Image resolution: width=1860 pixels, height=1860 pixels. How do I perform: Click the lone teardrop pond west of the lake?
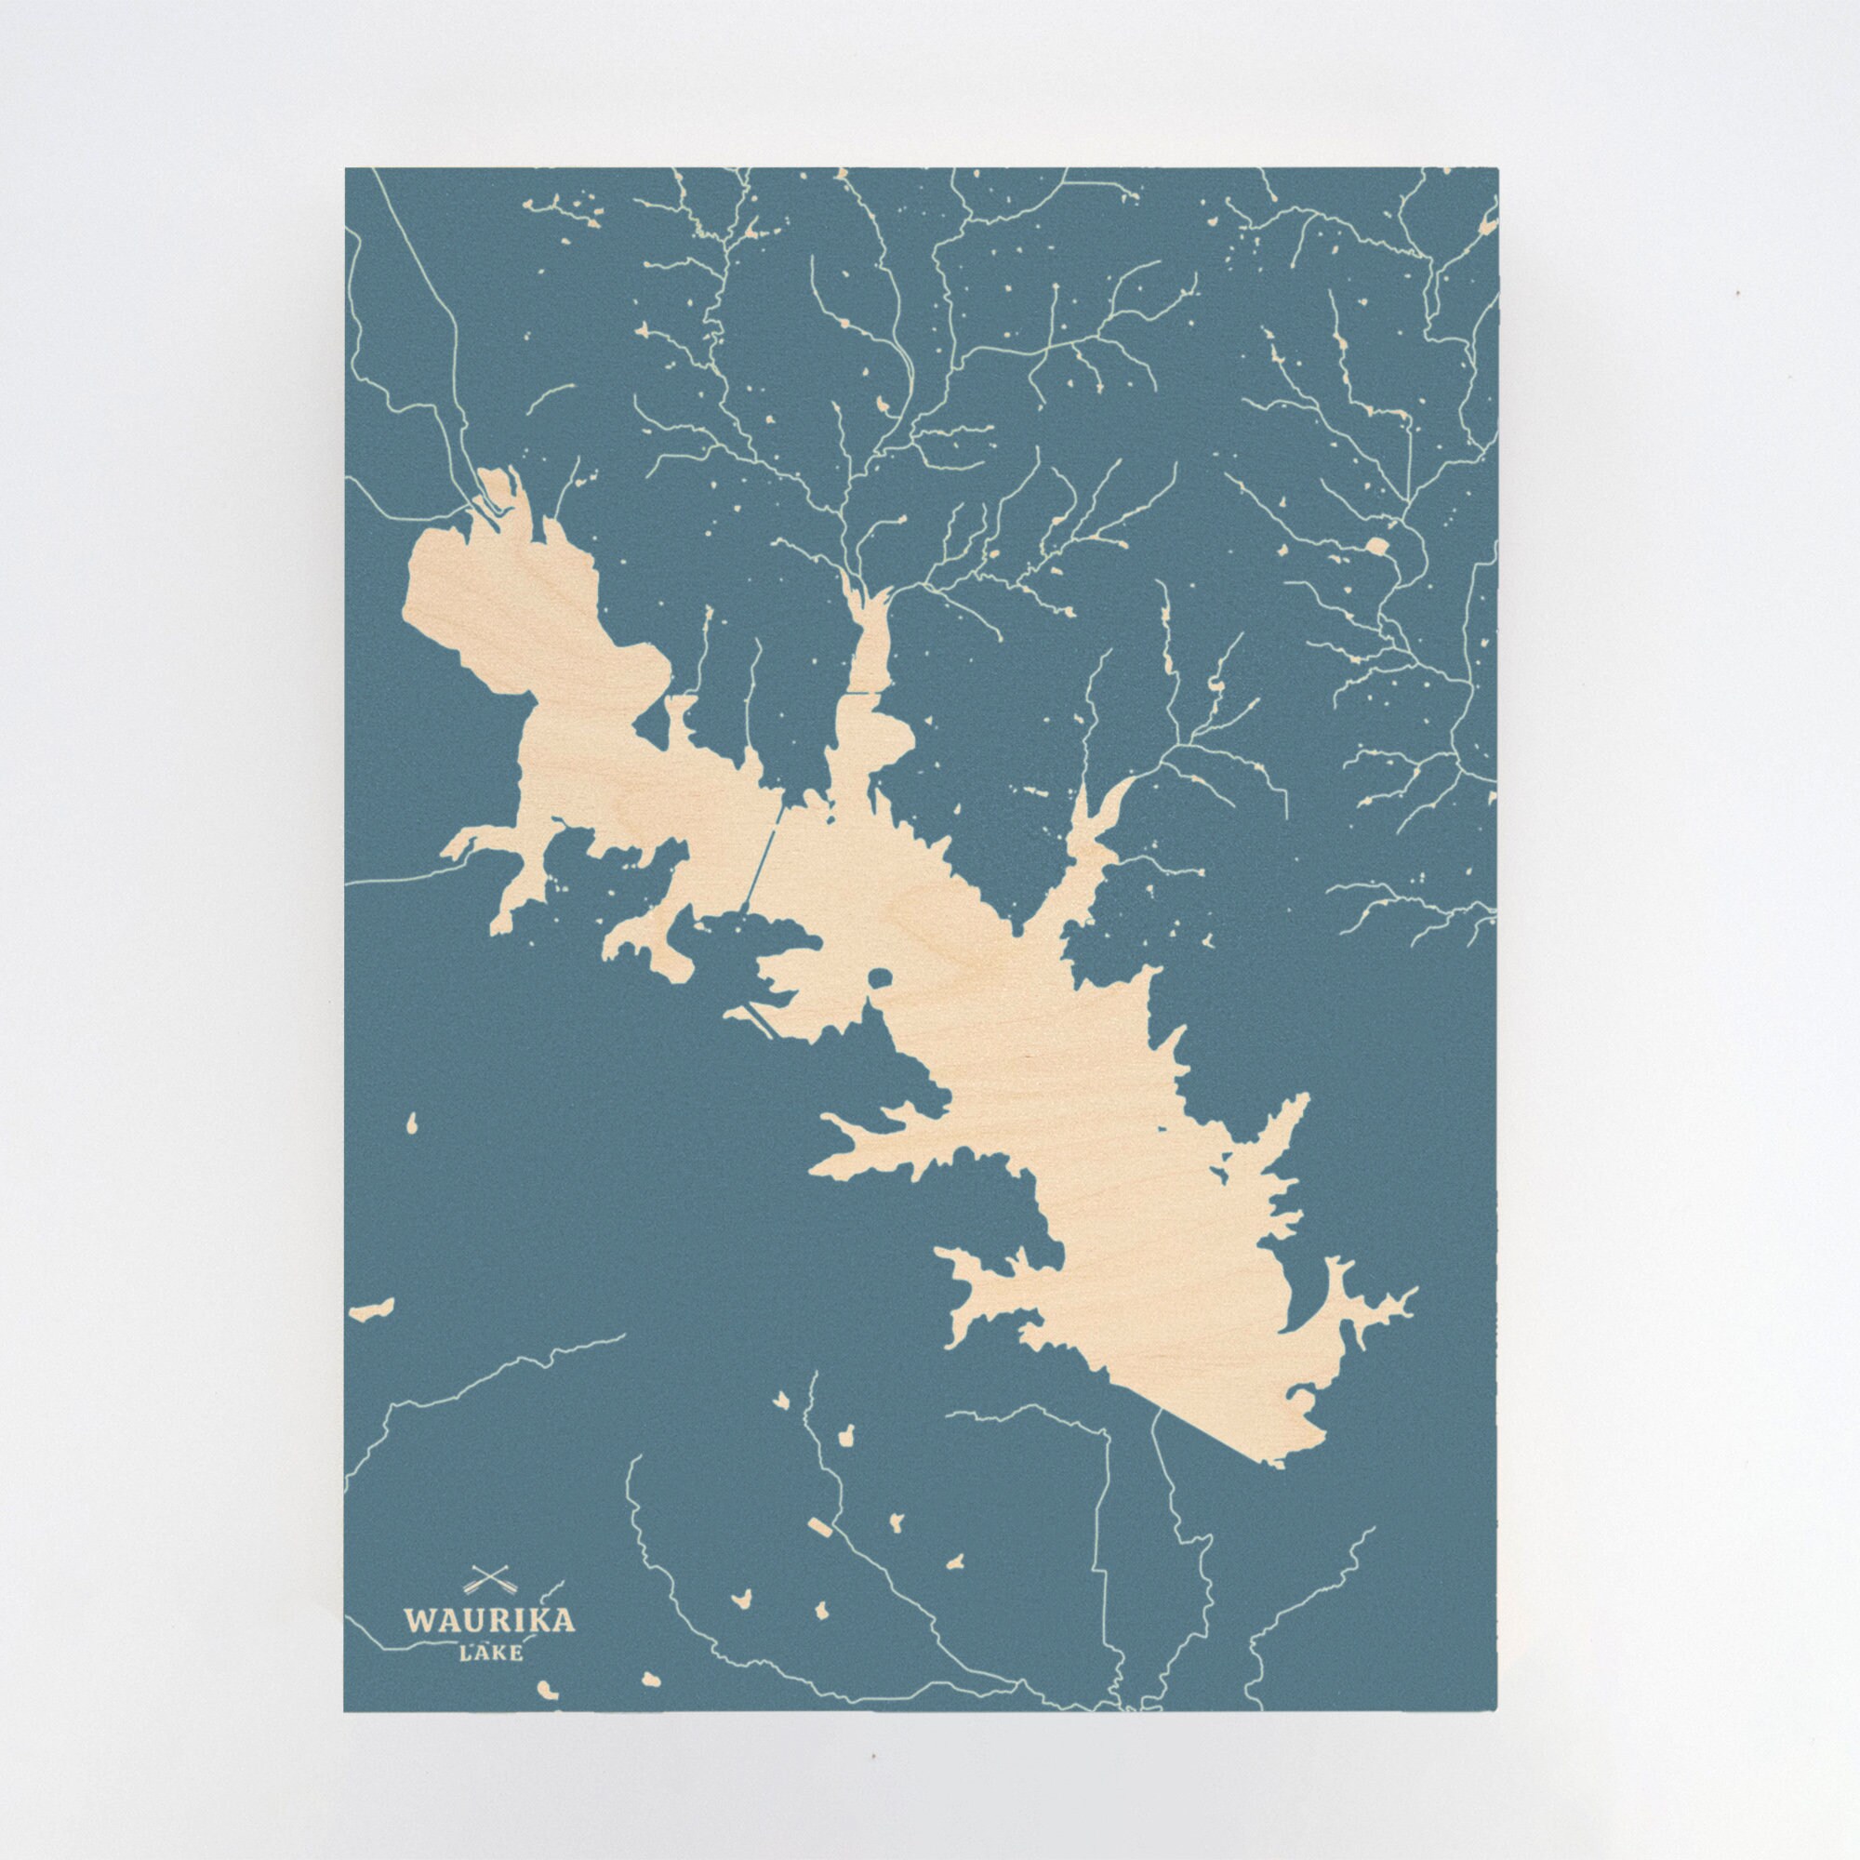point(412,1123)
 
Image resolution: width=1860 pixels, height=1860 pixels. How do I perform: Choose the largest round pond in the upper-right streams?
point(1377,547)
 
